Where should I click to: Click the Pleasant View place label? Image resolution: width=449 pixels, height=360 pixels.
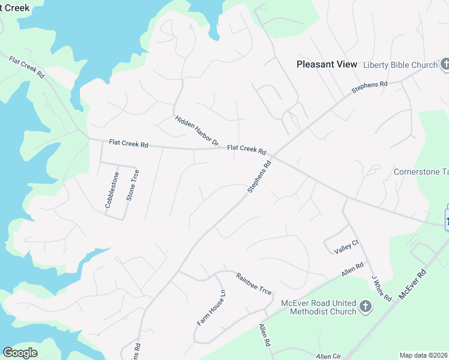point(327,64)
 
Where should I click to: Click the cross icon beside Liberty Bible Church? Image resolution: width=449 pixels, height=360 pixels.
point(445,64)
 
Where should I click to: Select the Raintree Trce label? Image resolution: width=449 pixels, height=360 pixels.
point(254,283)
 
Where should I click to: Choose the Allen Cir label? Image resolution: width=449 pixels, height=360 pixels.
point(328,356)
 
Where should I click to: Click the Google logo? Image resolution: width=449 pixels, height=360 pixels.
point(20,353)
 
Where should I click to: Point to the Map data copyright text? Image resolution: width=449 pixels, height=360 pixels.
point(424,355)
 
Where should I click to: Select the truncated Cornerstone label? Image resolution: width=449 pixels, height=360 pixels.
point(421,172)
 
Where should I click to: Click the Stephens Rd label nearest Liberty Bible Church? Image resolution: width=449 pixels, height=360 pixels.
point(369,88)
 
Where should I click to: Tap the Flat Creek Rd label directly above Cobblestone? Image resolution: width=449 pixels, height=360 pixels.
point(128,143)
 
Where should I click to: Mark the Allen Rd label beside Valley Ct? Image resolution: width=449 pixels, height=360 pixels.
point(352,270)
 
